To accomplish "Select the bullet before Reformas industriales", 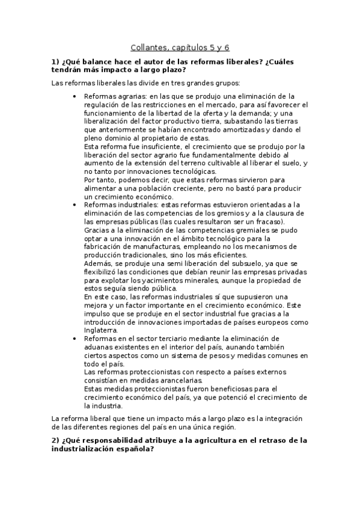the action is coord(73,205).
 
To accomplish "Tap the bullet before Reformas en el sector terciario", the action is coord(73,339).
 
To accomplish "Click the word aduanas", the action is coord(99,347).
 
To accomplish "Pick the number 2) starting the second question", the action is coord(55,440).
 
